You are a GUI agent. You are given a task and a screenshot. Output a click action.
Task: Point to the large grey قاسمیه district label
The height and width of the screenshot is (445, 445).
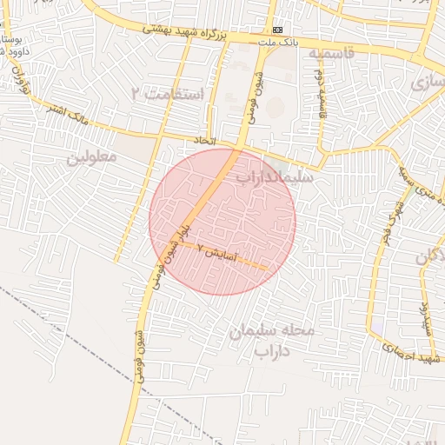[x=331, y=53]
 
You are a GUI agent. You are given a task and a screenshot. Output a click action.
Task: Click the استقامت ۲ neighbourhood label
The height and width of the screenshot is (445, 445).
[x=167, y=93]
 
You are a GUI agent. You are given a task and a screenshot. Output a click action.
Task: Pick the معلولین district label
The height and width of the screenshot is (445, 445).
[x=91, y=157]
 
